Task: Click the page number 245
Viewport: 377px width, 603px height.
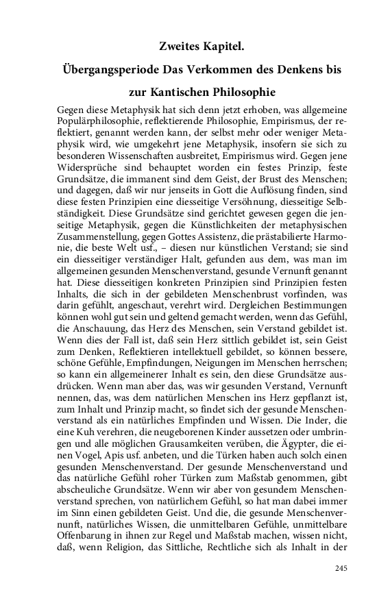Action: [341, 568]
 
